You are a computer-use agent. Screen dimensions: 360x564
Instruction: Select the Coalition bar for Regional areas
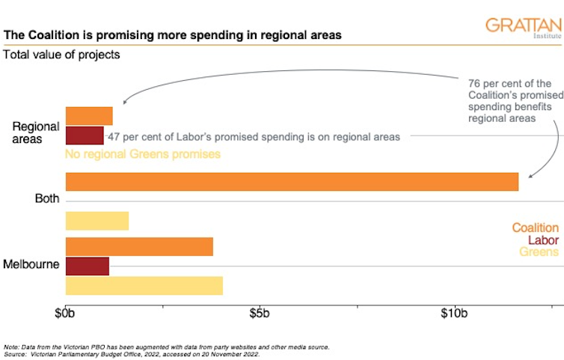coord(89,116)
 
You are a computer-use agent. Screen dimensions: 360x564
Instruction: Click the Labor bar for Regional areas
coord(85,135)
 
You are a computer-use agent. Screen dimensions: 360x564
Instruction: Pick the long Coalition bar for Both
coord(292,182)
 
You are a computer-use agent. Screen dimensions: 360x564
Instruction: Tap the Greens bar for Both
coord(97,221)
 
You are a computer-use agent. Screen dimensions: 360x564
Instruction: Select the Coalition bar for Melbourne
coord(139,246)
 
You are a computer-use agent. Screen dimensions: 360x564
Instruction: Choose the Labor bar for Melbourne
coord(88,266)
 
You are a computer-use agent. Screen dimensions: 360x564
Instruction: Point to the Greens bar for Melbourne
coord(144,285)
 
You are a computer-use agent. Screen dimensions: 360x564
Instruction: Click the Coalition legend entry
coord(535,228)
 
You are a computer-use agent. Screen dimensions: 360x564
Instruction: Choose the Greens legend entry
coord(539,252)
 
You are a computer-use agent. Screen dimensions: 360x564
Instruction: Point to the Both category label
coord(47,199)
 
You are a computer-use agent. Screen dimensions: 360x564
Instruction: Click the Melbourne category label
coord(31,265)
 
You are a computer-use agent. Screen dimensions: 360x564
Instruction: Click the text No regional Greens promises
coord(143,155)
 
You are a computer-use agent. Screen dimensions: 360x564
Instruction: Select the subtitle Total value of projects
coord(62,55)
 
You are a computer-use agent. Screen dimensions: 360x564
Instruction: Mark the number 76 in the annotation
coord(473,83)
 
